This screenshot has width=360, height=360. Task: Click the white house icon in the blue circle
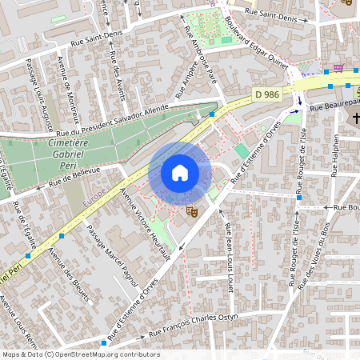pos(180,173)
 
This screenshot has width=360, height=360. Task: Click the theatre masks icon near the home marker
pos(191,212)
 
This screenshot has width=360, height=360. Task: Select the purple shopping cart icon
pos(338,68)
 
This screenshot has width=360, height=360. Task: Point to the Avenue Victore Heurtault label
pos(145,225)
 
